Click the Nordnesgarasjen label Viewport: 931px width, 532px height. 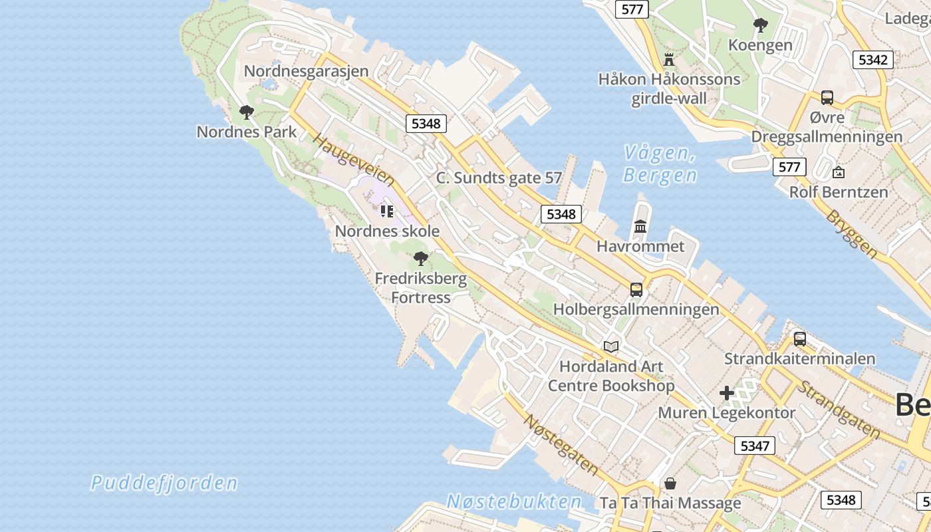coord(306,71)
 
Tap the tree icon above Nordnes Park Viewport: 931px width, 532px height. coord(247,112)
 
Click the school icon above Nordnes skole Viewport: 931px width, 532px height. coord(386,211)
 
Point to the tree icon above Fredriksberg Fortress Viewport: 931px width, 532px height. coord(420,259)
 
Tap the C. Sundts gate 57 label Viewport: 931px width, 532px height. coord(499,178)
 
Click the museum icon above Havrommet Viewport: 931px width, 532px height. coord(640,227)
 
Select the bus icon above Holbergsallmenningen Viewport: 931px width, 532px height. coord(636,290)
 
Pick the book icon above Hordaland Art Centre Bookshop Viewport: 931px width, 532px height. coord(610,346)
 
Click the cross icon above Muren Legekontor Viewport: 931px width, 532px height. coord(727,393)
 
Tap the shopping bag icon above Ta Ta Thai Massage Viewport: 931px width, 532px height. coord(670,483)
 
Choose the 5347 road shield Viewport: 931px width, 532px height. coord(755,446)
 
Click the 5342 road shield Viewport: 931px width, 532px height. coord(872,60)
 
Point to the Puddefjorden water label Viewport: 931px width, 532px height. coord(164,483)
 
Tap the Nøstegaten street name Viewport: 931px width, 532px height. coord(561,444)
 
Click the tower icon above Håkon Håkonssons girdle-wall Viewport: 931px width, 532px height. coord(669,60)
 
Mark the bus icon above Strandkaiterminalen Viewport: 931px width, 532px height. coord(799,339)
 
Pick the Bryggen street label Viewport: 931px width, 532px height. coord(852,234)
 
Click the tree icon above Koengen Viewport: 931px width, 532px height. coord(761,26)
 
